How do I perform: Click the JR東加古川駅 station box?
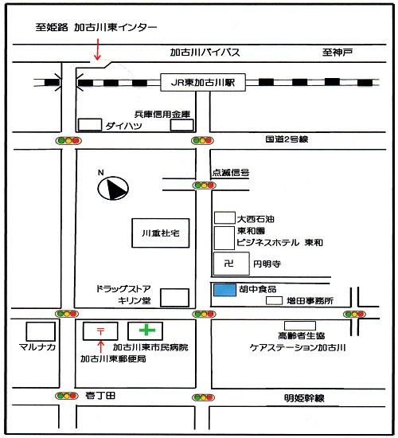point(203,82)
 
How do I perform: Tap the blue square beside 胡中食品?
point(224,290)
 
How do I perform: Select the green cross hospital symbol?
point(147,330)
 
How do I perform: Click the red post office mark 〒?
point(100,331)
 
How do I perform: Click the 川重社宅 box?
point(161,233)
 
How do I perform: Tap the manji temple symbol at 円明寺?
point(229,263)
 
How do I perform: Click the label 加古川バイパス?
point(205,53)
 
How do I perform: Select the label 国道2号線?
point(287,139)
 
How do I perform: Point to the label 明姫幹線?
point(304,398)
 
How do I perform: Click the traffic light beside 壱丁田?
point(67,396)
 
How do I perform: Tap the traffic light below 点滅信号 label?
point(204,186)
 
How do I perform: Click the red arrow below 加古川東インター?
point(97,49)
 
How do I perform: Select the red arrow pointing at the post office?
point(101,347)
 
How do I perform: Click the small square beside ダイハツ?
point(90,124)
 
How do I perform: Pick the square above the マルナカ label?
point(41,331)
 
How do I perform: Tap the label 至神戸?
point(338,52)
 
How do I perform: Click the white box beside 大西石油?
point(224,218)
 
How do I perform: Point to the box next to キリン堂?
point(174,298)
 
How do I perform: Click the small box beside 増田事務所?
point(274,300)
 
